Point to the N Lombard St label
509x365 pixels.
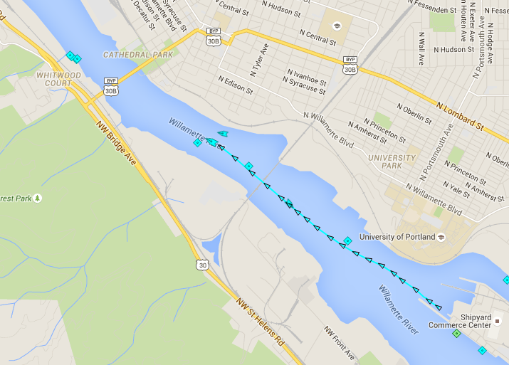click(460, 117)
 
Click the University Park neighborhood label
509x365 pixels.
click(392, 162)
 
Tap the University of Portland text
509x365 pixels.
click(397, 237)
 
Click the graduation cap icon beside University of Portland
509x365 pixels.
click(441, 237)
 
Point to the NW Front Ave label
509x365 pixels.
click(339, 342)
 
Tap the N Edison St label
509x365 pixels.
click(236, 85)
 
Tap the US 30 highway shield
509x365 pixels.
click(203, 265)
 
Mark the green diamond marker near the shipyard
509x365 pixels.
click(456, 334)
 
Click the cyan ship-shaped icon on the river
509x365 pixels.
click(223, 133)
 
